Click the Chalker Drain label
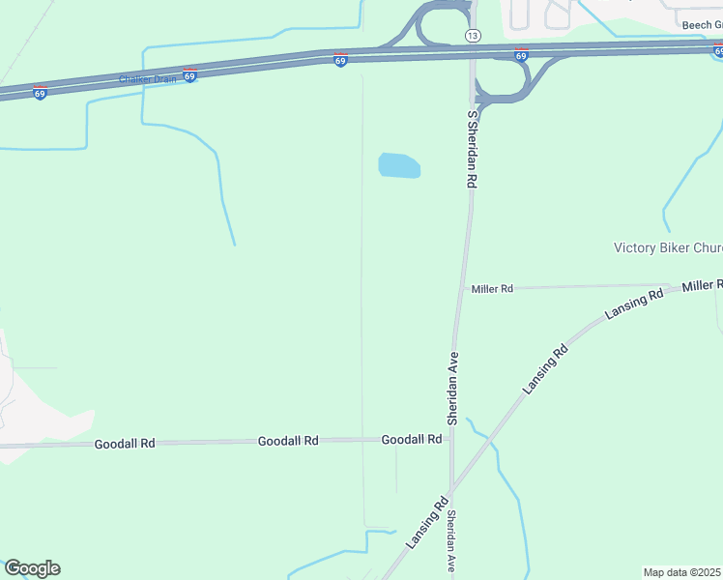[147, 79]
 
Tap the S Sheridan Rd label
[473, 148]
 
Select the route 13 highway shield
[472, 35]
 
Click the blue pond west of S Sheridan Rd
[399, 165]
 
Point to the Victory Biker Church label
[668, 247]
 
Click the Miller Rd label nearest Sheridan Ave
[492, 288]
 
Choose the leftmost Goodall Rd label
[125, 444]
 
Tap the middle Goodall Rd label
[288, 441]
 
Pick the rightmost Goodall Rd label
[412, 439]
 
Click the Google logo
[32, 568]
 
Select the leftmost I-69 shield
[40, 93]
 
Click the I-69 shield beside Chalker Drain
[189, 74]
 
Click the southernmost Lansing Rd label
[426, 522]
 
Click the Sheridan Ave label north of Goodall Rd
[451, 388]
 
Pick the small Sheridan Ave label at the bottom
[451, 541]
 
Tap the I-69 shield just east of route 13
[521, 55]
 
